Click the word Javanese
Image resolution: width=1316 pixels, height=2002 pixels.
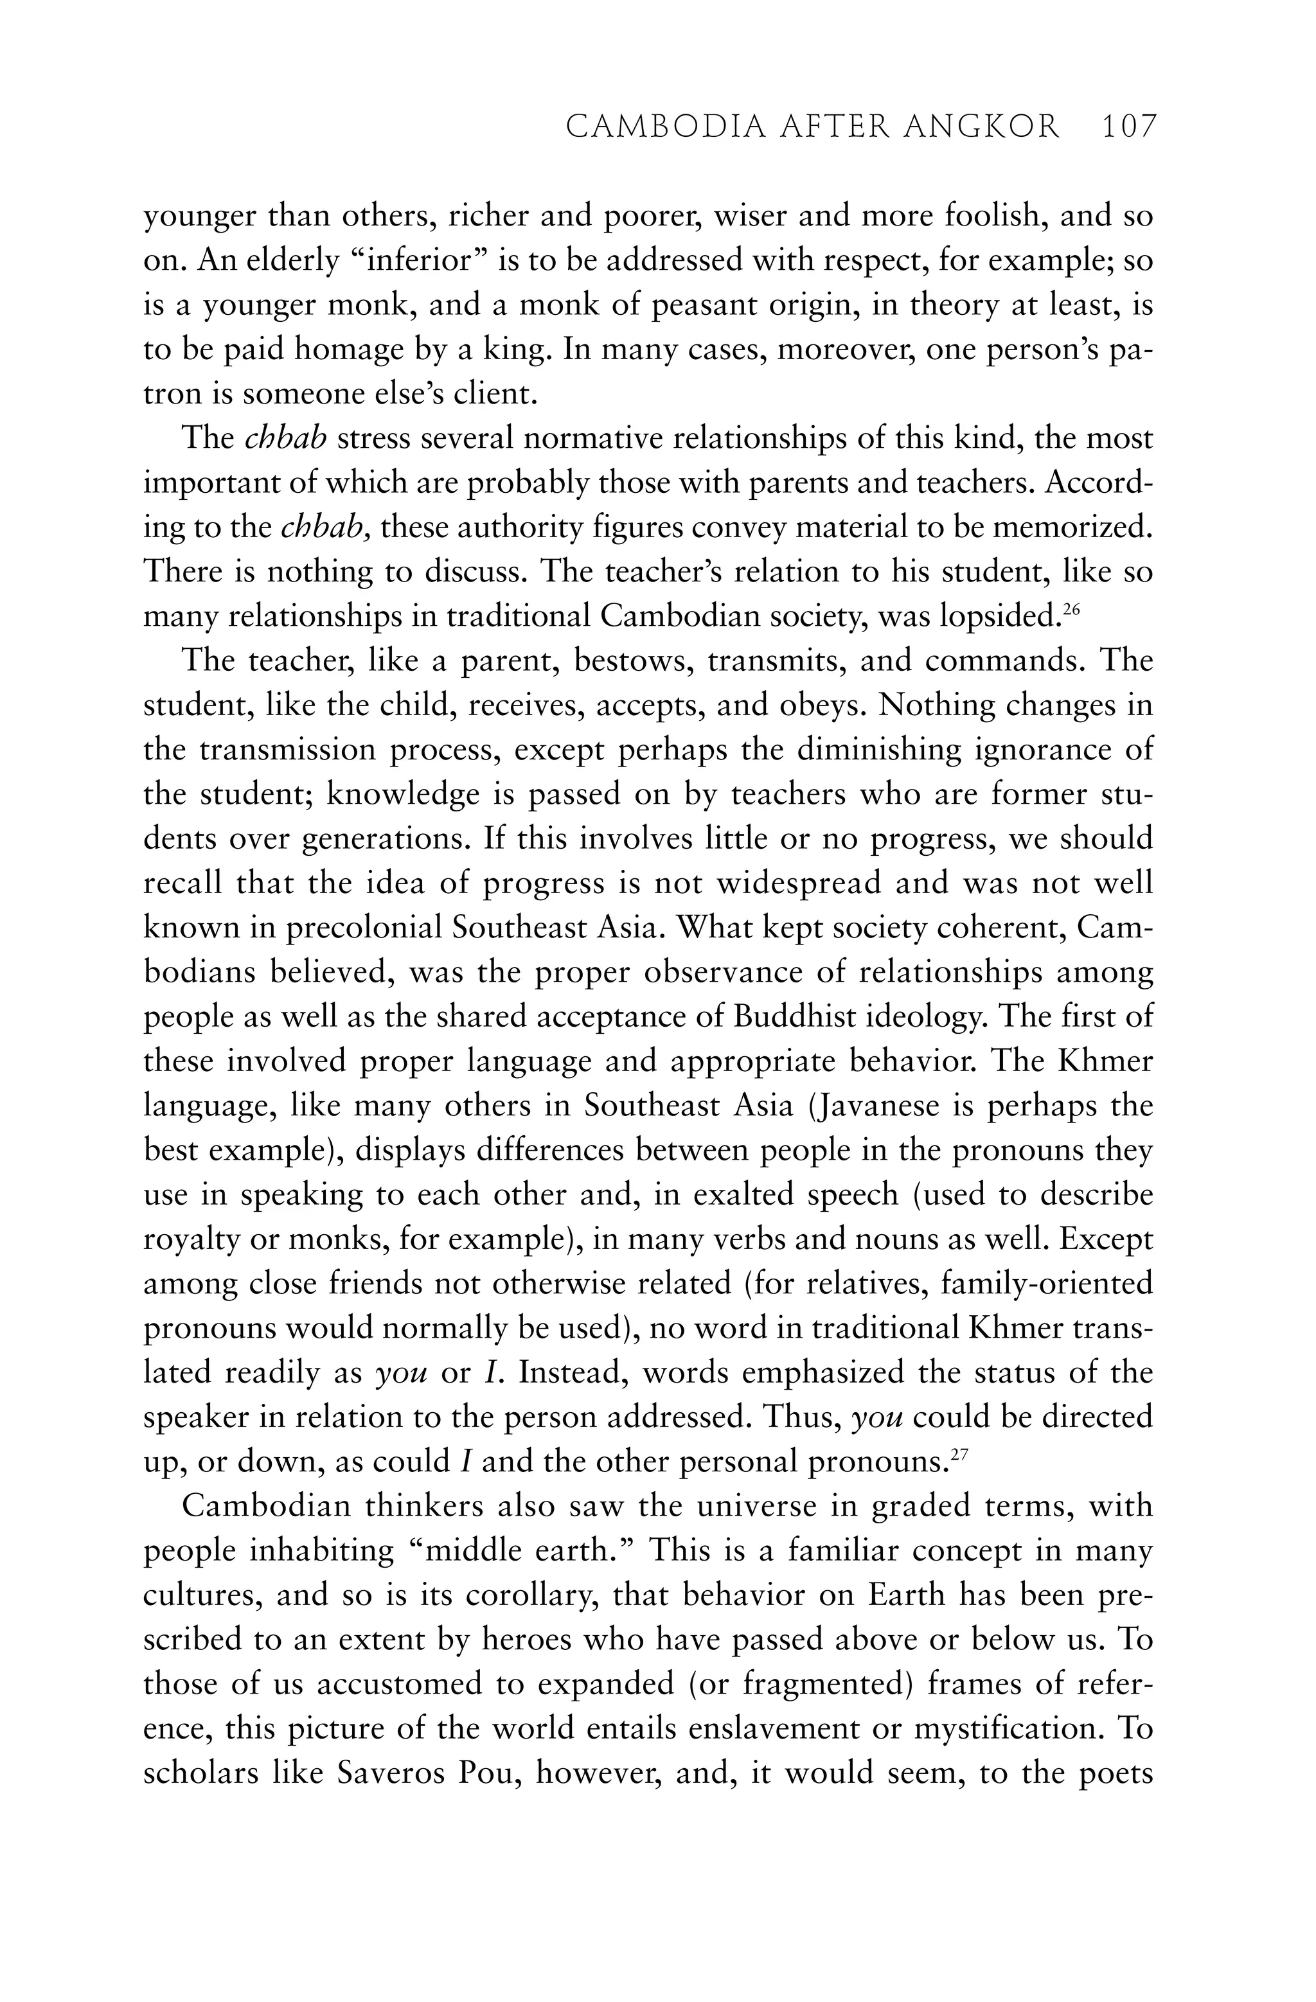[875, 1104]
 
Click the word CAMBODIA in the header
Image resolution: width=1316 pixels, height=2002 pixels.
[664, 127]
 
